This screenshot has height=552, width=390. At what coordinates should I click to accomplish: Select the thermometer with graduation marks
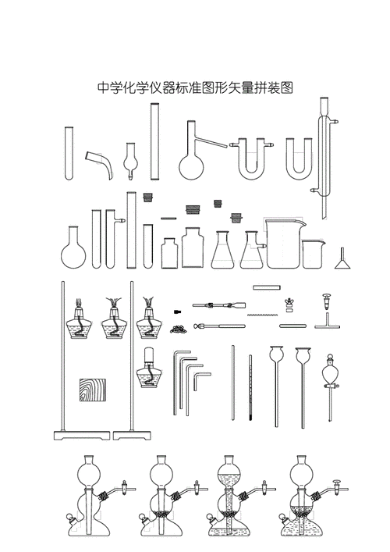tap(250, 390)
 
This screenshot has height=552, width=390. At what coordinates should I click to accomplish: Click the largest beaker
tap(284, 243)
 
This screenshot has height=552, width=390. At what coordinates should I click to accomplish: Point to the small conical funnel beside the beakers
tap(342, 258)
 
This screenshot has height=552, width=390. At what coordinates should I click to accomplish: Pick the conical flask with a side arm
tap(252, 250)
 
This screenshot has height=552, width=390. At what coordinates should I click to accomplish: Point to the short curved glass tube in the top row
tap(99, 163)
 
